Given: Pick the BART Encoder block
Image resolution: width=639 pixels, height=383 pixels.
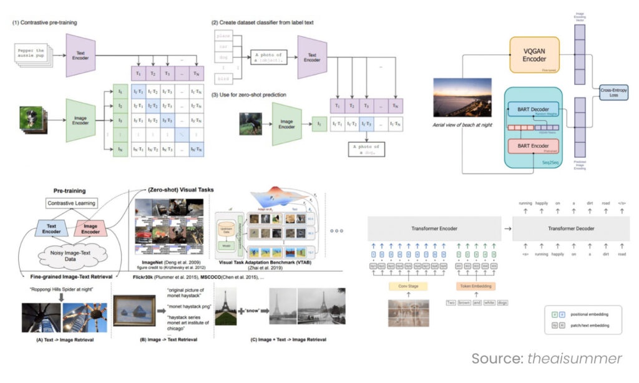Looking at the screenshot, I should pyautogui.click(x=535, y=147).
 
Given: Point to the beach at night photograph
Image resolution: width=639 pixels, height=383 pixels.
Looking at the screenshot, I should pyautogui.click(x=462, y=97).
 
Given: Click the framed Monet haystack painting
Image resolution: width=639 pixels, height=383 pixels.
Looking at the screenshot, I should pyautogui.click(x=134, y=312).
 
